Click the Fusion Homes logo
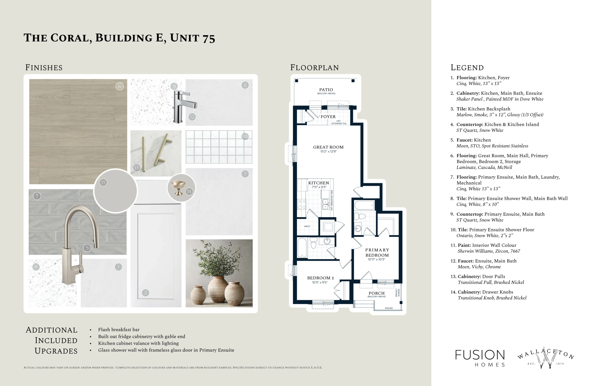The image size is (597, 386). pos(480,358)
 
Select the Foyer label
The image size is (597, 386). pos(328,117)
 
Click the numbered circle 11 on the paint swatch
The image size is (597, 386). pos(103,183)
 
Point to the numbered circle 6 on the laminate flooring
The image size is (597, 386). pos(120,86)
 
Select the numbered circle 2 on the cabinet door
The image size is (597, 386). pos(146,293)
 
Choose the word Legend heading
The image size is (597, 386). pos(467,68)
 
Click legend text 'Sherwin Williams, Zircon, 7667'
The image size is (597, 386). pos(489,251)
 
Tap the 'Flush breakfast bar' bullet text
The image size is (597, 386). pos(119,330)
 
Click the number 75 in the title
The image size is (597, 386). pos(209,38)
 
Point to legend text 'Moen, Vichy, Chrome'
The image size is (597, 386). pos(479,267)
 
